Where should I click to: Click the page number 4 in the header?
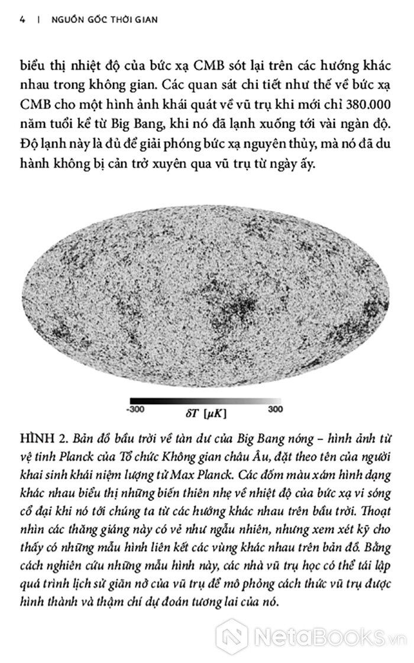coord(22,19)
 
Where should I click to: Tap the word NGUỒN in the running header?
coord(64,19)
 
